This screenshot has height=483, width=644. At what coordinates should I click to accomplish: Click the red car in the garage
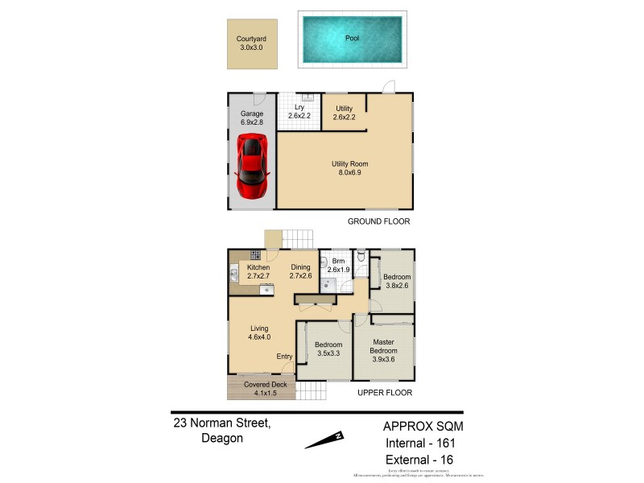(253, 167)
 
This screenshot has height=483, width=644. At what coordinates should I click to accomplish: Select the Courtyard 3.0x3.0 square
(251, 43)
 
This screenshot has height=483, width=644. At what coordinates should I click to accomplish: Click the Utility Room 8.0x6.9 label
(349, 169)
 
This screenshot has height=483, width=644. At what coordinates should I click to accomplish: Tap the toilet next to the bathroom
(363, 256)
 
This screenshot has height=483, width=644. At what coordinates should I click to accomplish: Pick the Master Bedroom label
(383, 346)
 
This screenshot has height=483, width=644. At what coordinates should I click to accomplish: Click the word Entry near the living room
(284, 357)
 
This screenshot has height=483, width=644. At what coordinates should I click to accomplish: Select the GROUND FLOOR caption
(378, 221)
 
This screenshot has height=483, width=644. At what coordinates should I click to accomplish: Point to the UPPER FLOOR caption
(385, 394)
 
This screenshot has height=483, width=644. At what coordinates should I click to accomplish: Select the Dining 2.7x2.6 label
(299, 272)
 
